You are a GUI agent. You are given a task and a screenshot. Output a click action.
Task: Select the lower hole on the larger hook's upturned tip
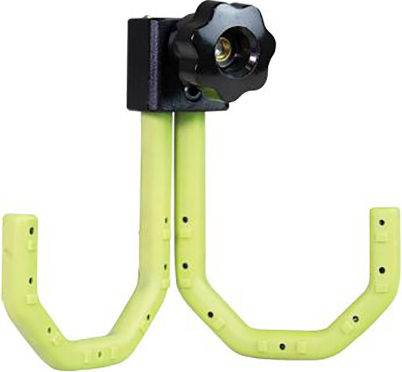click(x=380, y=270)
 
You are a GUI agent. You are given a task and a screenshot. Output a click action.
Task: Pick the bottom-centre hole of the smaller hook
click(x=100, y=354)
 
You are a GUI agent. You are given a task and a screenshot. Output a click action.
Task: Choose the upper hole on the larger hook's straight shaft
click(x=184, y=218)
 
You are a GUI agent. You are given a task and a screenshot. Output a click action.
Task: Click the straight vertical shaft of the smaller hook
click(x=153, y=170)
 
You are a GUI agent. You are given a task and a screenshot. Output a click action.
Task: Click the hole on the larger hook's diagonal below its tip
click(x=355, y=319)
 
